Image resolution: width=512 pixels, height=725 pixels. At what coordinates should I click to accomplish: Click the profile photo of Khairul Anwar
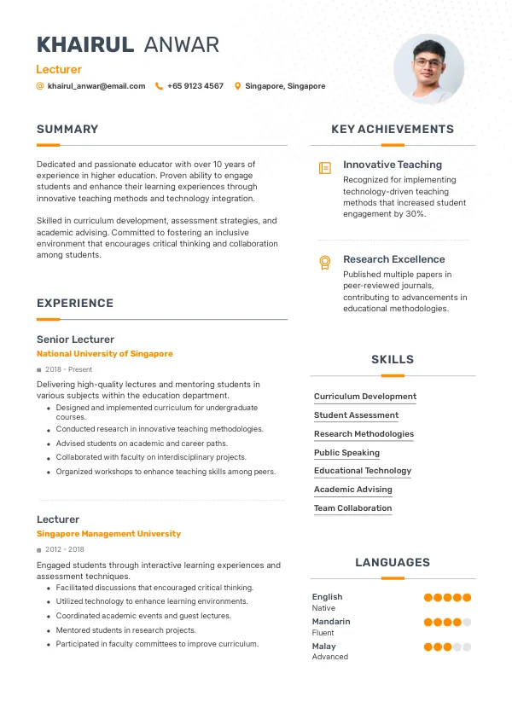point(428,69)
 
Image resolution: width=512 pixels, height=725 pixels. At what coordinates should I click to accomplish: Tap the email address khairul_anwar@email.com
point(96,86)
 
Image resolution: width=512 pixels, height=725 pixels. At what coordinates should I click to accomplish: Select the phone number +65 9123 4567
point(195,86)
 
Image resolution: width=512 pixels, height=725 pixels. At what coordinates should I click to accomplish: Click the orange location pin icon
point(237,86)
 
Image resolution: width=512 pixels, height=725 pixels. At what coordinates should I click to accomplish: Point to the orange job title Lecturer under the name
point(59,69)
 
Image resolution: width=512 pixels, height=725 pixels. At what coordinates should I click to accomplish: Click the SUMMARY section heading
point(67,130)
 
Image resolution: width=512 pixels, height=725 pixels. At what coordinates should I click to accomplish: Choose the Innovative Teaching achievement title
point(393,165)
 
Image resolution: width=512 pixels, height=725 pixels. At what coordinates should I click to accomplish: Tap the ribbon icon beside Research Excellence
point(324,263)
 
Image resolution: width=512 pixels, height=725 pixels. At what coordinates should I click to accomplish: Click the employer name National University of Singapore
point(104,354)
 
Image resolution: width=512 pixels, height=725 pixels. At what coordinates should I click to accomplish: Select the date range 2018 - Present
point(68,369)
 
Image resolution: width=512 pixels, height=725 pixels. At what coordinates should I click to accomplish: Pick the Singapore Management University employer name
point(108,534)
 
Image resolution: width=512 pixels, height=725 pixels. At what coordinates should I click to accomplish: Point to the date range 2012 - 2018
point(65,550)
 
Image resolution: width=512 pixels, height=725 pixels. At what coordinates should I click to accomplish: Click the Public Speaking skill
point(346,453)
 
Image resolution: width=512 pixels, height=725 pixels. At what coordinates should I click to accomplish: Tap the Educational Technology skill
point(363,471)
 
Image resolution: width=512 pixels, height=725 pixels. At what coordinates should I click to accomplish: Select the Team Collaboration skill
point(352,508)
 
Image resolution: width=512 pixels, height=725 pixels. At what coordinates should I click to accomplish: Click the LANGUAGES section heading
point(393,563)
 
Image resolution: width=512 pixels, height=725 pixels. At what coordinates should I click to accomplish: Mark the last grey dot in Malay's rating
point(467,647)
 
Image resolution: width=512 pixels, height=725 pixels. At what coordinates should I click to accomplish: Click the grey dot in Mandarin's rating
point(467,623)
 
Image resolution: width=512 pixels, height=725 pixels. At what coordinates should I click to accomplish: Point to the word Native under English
point(323,608)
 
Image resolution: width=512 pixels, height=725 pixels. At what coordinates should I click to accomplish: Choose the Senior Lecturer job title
point(75,339)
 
